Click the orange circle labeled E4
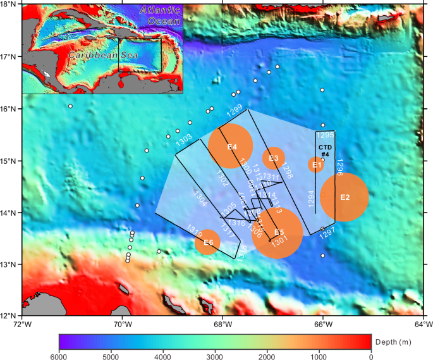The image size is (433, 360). click(231, 147)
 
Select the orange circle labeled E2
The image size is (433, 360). click(344, 197)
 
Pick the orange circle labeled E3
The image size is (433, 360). click(274, 158)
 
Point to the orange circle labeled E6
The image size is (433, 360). click(207, 242)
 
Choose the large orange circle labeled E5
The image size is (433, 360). click(277, 233)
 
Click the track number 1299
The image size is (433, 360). click(235, 111)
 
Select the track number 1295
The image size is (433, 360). click(325, 135)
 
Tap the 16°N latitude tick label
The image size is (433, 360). click(11, 109)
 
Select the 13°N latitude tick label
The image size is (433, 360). click(11, 264)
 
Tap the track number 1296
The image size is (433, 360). click(339, 166)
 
